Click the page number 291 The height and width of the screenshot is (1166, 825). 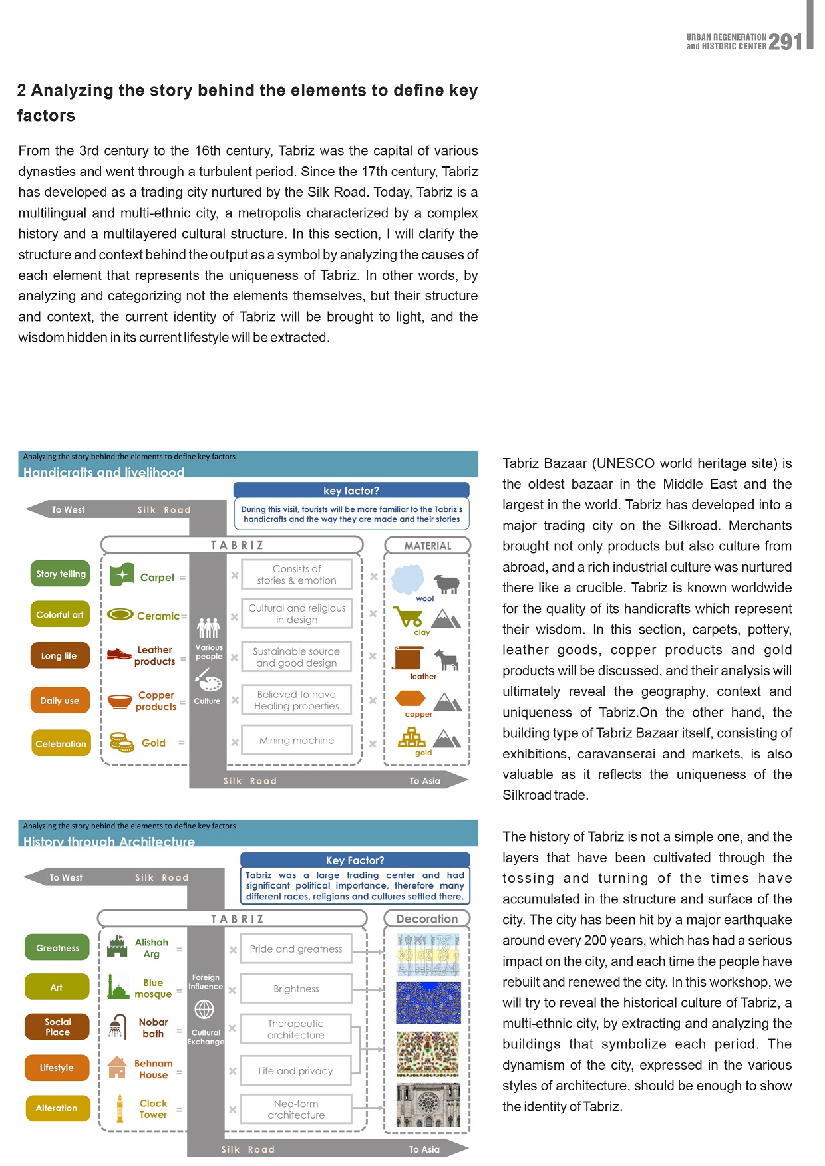pos(786,42)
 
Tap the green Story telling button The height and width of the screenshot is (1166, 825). pos(61,574)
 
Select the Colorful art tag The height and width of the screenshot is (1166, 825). pos(60,615)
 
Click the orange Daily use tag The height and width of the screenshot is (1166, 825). pos(60,700)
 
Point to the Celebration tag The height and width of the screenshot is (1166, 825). pos(61,743)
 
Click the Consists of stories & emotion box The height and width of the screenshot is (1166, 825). pos(297,574)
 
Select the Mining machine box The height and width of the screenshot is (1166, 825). pos(297,741)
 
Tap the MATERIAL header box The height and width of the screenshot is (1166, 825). pos(427,546)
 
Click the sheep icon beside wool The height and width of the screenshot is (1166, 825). pos(447,584)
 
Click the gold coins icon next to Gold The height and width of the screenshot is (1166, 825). pos(122,742)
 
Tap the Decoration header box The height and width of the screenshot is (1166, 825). pos(427,919)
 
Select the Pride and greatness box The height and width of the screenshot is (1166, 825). pos(296,949)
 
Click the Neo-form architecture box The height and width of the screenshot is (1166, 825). pos(296,1109)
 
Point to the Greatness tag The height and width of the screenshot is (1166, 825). pos(57,948)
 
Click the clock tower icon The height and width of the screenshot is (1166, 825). pos(120,1108)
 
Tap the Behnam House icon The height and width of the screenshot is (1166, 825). pos(117,1068)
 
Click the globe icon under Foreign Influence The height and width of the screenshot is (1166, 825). pos(204,1010)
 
